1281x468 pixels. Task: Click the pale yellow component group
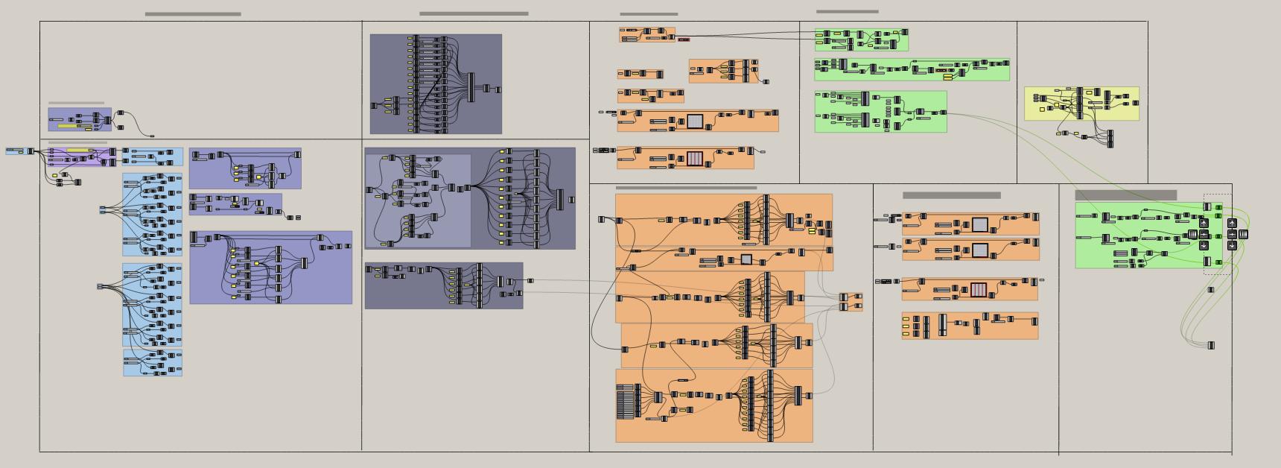[1081, 104]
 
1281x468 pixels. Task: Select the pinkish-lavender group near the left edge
[82, 156]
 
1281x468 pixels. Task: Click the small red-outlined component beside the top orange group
[684, 39]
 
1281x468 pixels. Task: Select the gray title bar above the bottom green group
[1125, 195]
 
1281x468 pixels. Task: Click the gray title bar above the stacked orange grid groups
[951, 195]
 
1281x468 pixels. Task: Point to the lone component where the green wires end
[1211, 346]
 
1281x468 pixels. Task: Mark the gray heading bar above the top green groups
[847, 12]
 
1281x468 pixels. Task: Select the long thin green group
[912, 69]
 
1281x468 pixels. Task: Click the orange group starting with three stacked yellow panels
[970, 326]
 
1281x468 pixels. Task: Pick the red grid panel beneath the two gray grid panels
[979, 289]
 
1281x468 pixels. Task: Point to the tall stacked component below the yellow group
[1110, 139]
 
